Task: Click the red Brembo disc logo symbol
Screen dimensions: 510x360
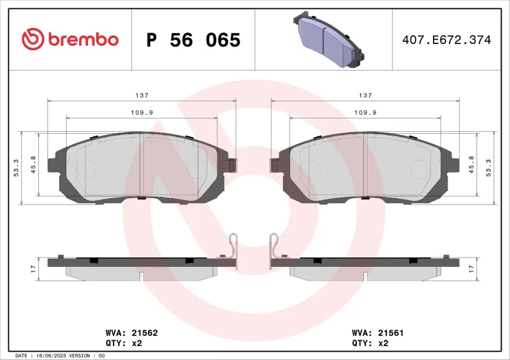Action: (x=33, y=40)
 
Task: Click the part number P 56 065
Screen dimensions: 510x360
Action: (x=193, y=40)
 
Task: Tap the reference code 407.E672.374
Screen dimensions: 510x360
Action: (x=447, y=40)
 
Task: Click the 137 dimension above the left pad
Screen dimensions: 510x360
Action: (x=142, y=96)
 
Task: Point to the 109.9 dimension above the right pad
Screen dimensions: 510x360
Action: (x=365, y=113)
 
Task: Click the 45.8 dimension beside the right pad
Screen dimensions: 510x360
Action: (x=471, y=164)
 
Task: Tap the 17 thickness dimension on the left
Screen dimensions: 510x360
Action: (x=33, y=269)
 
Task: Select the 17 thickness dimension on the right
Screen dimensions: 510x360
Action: (x=471, y=269)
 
